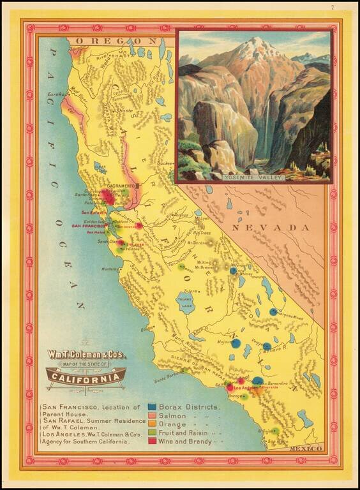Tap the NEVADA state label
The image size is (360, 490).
[262, 227]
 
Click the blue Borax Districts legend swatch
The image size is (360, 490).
[153, 406]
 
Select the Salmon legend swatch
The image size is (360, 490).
[153, 415]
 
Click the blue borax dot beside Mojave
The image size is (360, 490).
[236, 343]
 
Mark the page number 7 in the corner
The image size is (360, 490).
[333, 7]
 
